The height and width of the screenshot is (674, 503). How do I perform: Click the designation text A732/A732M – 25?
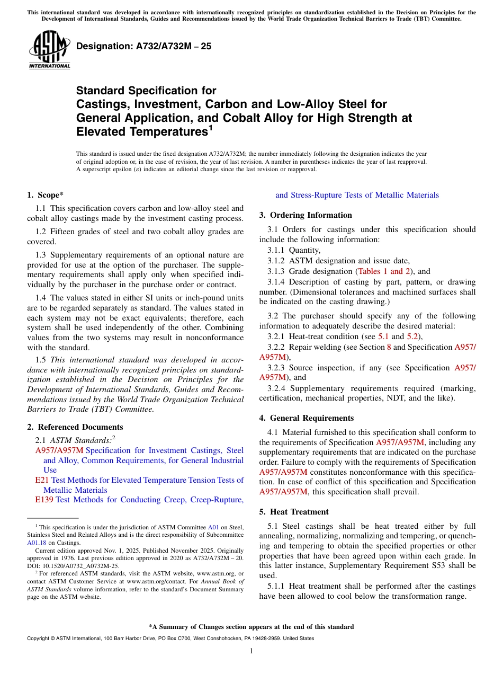point(143,46)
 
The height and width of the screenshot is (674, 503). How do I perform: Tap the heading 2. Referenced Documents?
point(75,427)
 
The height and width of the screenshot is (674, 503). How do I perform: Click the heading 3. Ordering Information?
point(306,215)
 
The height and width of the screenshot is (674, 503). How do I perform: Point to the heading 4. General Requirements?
point(307,418)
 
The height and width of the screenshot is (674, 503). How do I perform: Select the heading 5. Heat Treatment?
point(294,512)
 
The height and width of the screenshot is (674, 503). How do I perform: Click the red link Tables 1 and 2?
point(384,271)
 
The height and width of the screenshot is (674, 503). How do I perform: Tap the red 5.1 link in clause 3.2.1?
point(383,336)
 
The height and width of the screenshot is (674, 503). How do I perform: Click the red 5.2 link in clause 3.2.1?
point(413,336)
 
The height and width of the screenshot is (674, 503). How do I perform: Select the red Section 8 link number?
point(389,347)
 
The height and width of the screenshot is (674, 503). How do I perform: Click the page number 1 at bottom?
point(251,651)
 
